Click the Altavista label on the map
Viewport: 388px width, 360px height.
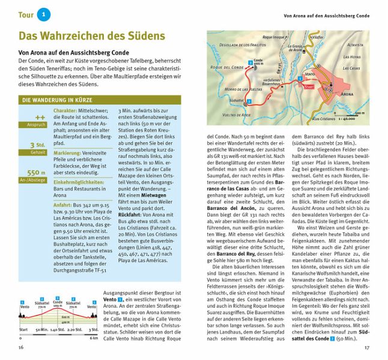click(356, 44)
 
